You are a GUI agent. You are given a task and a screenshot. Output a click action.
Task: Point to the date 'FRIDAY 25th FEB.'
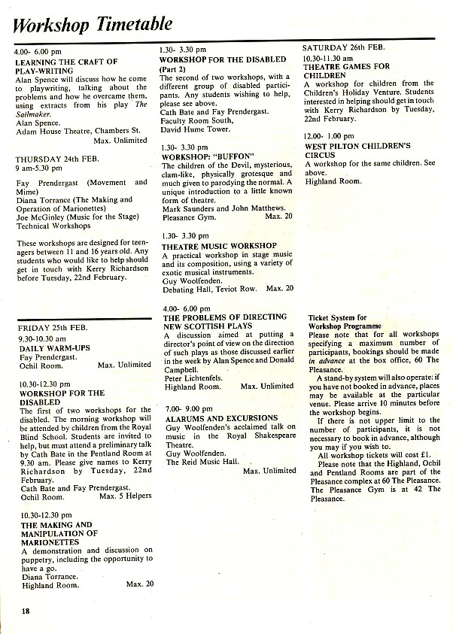pyautogui.click(x=53, y=328)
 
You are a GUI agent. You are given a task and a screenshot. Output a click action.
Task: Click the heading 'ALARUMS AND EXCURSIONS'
pyautogui.click(x=222, y=418)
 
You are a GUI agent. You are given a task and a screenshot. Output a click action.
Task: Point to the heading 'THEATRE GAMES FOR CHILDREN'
pyautogui.click(x=346, y=71)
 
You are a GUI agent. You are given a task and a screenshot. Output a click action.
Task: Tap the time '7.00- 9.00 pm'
pyautogui.click(x=189, y=408)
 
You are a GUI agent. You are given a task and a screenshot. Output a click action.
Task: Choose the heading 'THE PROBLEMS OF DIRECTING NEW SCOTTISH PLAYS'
pyautogui.click(x=223, y=322)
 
